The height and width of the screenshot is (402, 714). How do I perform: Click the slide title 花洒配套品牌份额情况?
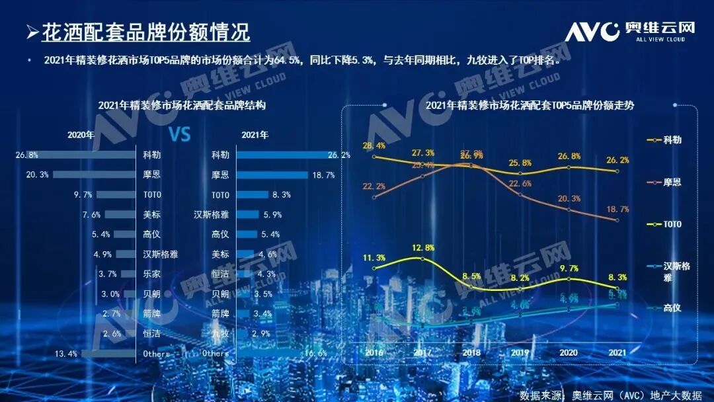(x=145, y=32)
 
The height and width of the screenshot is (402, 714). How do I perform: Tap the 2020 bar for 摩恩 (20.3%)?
(x=93, y=175)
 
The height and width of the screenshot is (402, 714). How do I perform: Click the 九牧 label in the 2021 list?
(x=220, y=333)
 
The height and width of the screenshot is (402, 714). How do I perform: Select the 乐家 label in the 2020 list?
(x=152, y=274)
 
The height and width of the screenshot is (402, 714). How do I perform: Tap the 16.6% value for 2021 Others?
(x=315, y=354)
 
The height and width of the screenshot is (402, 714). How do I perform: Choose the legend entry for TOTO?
(x=670, y=224)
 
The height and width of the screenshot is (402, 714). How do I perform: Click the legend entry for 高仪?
(x=672, y=308)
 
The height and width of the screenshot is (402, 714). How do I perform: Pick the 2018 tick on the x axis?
(x=471, y=353)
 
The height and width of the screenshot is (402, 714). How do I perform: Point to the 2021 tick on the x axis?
(x=616, y=353)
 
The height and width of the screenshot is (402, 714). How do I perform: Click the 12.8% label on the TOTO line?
(x=422, y=248)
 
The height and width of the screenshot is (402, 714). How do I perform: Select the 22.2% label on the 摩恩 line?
(x=374, y=186)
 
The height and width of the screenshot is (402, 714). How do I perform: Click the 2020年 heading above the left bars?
(x=81, y=135)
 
